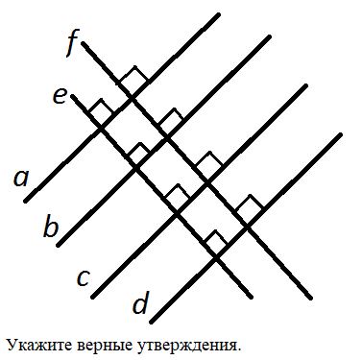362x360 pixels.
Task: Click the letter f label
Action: click(x=71, y=46)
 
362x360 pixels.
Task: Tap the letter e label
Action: click(x=60, y=97)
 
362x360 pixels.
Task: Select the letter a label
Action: click(x=21, y=179)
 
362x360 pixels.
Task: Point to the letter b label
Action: click(x=51, y=227)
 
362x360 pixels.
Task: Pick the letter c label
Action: click(x=84, y=277)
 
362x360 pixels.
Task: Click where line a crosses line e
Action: click(x=101, y=129)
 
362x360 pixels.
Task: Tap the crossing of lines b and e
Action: click(x=136, y=168)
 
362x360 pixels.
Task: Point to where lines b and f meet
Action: click(x=167, y=138)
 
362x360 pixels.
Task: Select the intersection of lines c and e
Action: click(x=177, y=213)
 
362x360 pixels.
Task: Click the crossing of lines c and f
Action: click(x=208, y=183)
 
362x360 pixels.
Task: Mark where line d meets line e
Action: click(x=216, y=257)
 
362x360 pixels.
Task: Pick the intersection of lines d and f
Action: click(x=248, y=227)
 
